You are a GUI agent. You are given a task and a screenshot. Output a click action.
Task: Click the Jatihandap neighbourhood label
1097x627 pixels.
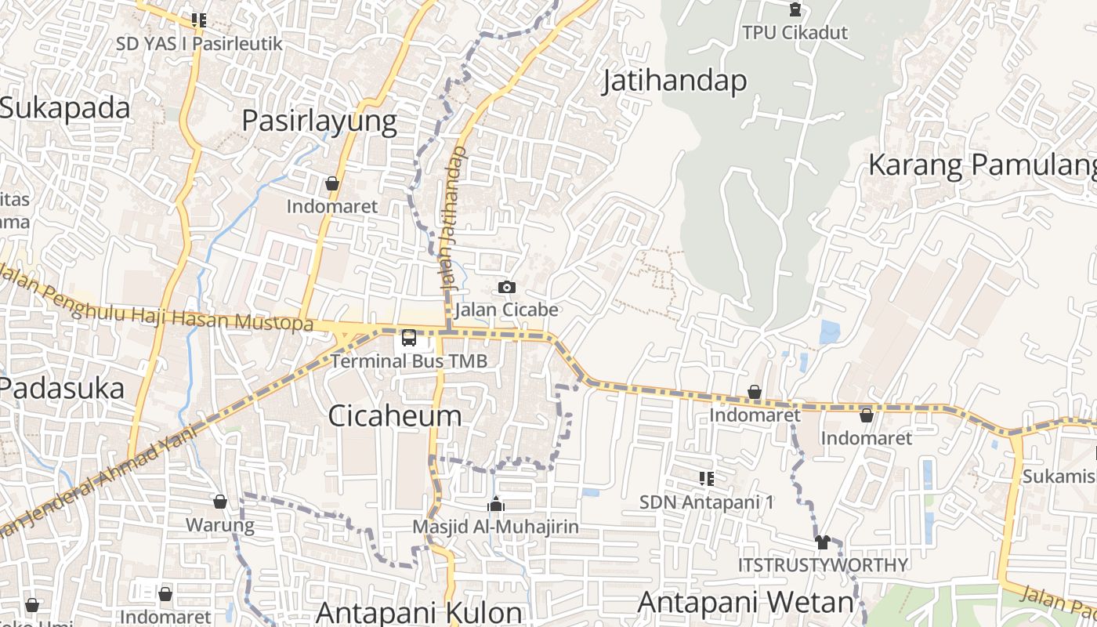point(674,81)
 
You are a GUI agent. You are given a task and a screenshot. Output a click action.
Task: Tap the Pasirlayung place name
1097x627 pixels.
point(319,121)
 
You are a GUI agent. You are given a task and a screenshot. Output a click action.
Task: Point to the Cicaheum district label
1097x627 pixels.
point(394,415)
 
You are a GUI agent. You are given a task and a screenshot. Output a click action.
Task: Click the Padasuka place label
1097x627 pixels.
point(62,388)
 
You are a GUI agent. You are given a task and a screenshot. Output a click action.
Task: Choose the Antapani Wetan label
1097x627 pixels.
point(745,602)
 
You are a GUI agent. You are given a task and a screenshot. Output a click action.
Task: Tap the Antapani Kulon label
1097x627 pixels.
point(419,612)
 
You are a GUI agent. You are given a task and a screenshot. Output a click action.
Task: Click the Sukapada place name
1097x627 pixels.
point(65,108)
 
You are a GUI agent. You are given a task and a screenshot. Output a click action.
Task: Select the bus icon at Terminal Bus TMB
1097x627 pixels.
point(409,338)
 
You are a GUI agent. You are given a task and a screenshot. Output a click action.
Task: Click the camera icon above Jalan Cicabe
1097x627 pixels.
point(507,288)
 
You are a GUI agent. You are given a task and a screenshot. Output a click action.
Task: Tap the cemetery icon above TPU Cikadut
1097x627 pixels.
point(795,10)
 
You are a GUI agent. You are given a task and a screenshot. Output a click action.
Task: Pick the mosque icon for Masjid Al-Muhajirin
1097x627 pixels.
point(495,504)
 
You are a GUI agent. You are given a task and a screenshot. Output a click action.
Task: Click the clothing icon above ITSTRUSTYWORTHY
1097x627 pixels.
point(822,542)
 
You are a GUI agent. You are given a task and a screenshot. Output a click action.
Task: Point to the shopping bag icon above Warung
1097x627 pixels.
point(220,502)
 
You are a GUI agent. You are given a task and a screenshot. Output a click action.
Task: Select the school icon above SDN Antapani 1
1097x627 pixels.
point(706,478)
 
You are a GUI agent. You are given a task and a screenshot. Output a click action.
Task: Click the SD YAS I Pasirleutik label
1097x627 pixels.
point(199,44)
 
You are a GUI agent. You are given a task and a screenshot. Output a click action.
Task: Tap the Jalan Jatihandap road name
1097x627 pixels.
point(453,219)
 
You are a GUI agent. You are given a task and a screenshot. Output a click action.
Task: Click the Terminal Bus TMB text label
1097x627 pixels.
point(409,361)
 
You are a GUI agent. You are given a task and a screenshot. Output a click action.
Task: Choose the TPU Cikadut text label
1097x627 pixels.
point(795,33)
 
